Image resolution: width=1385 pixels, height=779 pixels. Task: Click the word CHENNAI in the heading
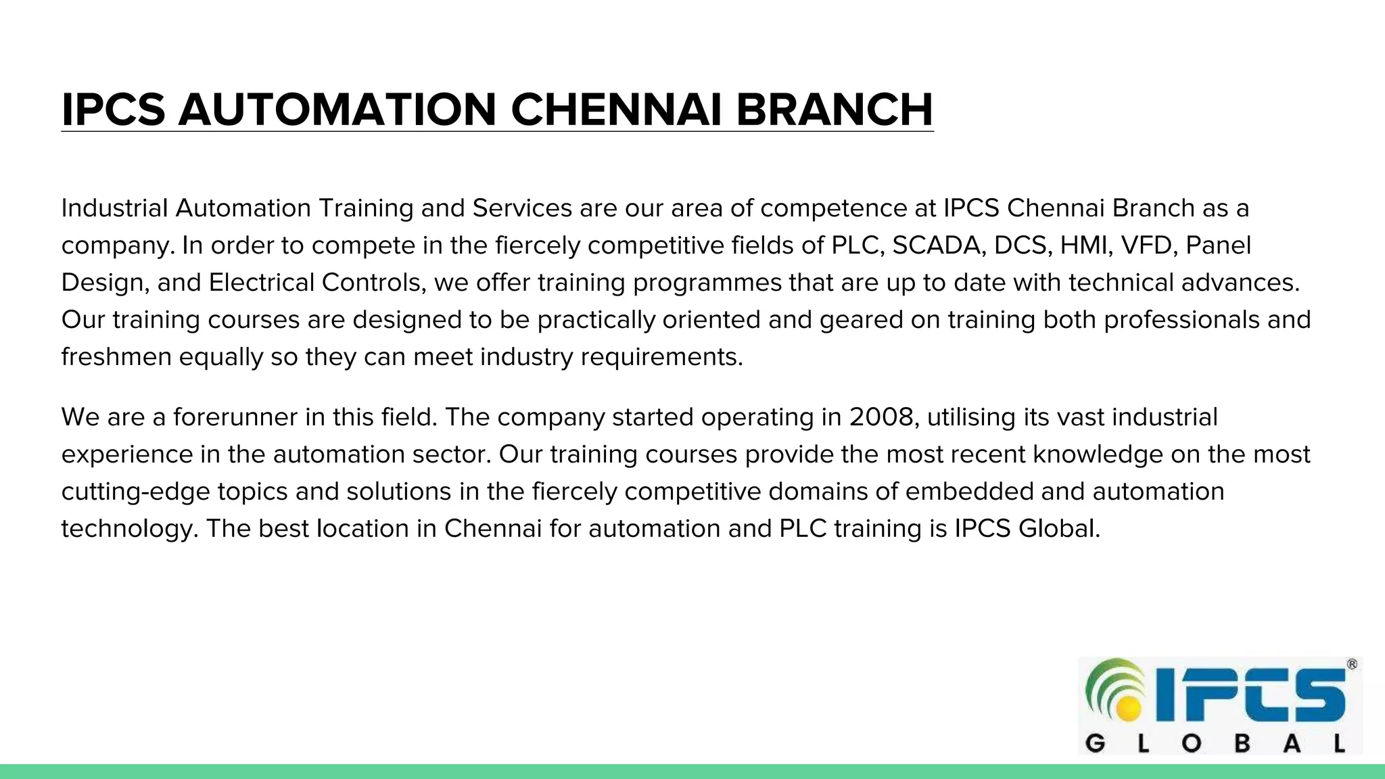tap(616, 110)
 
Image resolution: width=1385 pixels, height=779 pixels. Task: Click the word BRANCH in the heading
tap(834, 110)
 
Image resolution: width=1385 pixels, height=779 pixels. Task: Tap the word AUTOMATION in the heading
tap(337, 110)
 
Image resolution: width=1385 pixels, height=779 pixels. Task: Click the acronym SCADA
tap(936, 245)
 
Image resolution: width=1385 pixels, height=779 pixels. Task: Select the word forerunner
tap(235, 417)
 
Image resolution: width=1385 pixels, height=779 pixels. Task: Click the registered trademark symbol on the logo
tap(1352, 665)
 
